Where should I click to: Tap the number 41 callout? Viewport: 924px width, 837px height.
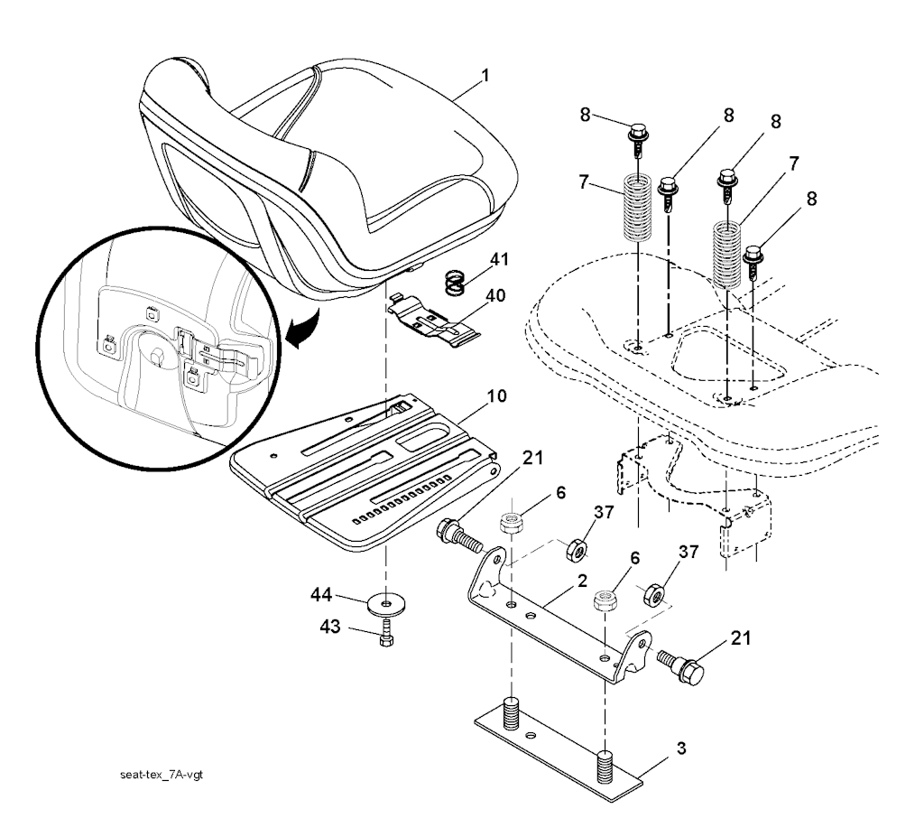click(x=499, y=261)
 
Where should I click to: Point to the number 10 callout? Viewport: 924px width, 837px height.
click(x=497, y=396)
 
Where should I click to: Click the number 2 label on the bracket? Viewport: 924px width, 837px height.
click(x=583, y=581)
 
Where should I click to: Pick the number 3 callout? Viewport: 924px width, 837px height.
click(x=682, y=749)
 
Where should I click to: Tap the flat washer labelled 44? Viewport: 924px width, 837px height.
click(x=386, y=602)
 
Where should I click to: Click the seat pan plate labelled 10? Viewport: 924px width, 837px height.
click(x=361, y=470)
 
